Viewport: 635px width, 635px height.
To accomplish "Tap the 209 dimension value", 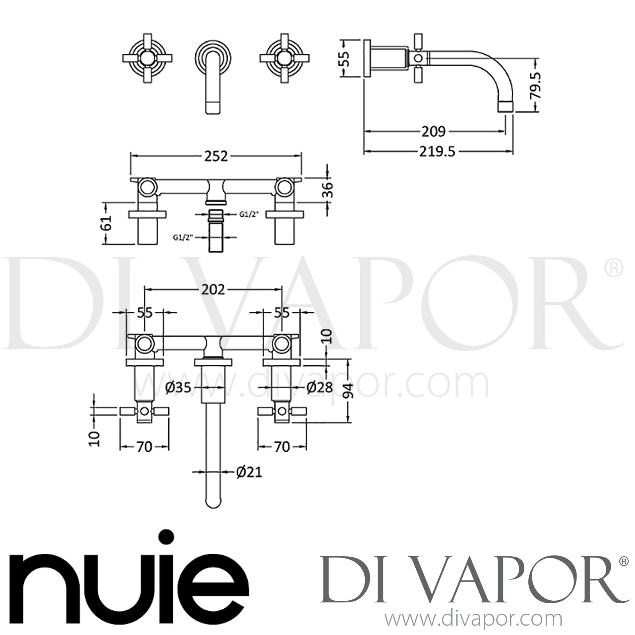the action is pos(433,132).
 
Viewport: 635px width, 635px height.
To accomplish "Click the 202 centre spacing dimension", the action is pos(213,290).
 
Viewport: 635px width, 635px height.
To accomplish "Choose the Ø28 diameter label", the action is pos(319,387).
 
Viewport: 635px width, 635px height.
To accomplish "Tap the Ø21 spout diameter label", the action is pos(249,472).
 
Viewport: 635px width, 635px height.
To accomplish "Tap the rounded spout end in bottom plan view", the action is pos(214,502).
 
